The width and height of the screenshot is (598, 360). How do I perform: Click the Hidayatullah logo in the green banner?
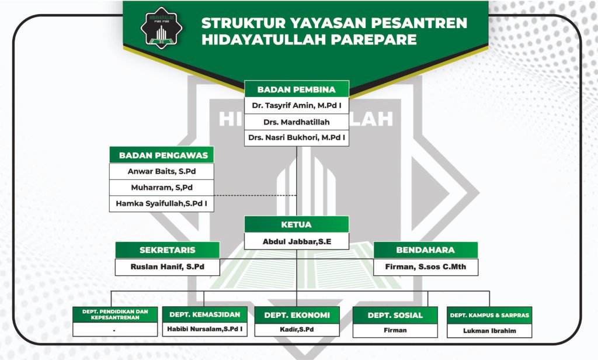(161, 28)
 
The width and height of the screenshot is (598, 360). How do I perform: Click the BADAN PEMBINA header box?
(297, 89)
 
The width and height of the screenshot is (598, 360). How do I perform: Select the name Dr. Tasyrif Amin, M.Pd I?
(297, 105)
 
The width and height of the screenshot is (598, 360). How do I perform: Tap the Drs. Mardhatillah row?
(297, 122)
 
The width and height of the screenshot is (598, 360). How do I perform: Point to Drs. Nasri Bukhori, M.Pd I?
(297, 137)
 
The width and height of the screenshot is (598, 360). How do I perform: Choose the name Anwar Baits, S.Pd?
(162, 171)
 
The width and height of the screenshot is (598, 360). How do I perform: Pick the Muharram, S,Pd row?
(162, 188)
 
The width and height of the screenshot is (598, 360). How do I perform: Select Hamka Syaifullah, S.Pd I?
(162, 203)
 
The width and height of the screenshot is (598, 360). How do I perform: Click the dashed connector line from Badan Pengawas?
(255, 195)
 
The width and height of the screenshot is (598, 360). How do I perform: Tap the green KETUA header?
(297, 224)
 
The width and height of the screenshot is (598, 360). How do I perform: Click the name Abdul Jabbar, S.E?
(297, 241)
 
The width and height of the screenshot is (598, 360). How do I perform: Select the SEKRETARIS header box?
(168, 250)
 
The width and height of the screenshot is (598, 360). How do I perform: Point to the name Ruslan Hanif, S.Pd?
(168, 267)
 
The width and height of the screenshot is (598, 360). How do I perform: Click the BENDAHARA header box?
(426, 250)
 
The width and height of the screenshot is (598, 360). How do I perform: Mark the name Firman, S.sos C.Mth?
(426, 267)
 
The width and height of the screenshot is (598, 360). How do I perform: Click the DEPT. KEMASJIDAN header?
(205, 314)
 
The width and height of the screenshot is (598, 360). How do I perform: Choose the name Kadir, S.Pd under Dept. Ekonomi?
(297, 330)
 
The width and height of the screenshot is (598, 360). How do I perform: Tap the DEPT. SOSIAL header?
(395, 316)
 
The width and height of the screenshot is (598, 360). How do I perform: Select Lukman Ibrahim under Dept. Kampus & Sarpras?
(490, 331)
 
